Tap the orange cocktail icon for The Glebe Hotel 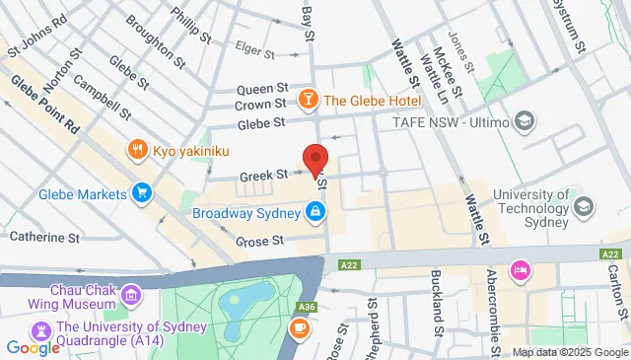[309, 100]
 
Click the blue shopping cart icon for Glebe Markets [142, 193]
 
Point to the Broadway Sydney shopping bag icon [314, 211]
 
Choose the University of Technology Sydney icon [585, 206]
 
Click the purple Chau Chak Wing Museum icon [130, 294]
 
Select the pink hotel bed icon [519, 269]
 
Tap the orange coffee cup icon [299, 327]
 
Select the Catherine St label [44, 238]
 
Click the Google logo [33, 347]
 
